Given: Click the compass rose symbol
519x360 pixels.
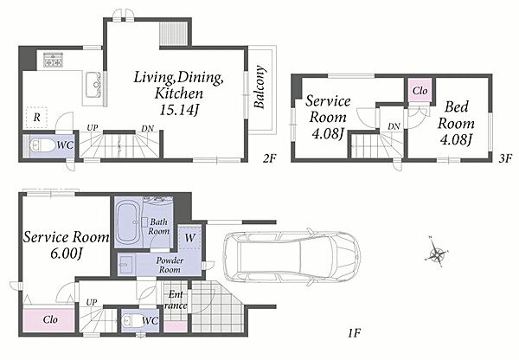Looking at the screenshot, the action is click(x=437, y=254).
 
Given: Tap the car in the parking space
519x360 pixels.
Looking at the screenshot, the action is click(x=292, y=257).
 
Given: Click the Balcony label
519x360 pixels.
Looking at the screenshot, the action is click(x=260, y=87).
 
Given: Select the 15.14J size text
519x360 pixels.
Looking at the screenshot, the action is click(x=179, y=110).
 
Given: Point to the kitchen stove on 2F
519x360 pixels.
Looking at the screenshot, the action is click(x=53, y=60).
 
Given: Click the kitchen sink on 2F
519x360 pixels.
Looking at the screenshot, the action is click(x=93, y=85).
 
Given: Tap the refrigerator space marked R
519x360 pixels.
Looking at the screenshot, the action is click(x=36, y=117).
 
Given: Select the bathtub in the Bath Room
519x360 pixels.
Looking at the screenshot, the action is click(x=129, y=222).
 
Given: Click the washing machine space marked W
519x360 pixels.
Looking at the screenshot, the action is click(x=189, y=237).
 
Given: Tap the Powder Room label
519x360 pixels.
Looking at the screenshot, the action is click(x=170, y=265).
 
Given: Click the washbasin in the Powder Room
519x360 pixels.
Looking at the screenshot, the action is click(x=126, y=265).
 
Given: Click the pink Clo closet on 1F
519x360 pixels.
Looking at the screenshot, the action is click(x=49, y=319).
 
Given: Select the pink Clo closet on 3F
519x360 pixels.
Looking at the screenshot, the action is click(x=420, y=90).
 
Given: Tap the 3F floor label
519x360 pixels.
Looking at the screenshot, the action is click(x=505, y=157).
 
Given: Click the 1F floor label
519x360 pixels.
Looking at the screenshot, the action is click(x=354, y=332).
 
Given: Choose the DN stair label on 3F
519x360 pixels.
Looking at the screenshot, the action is click(x=394, y=126).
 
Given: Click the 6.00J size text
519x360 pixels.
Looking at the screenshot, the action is click(x=67, y=254).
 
